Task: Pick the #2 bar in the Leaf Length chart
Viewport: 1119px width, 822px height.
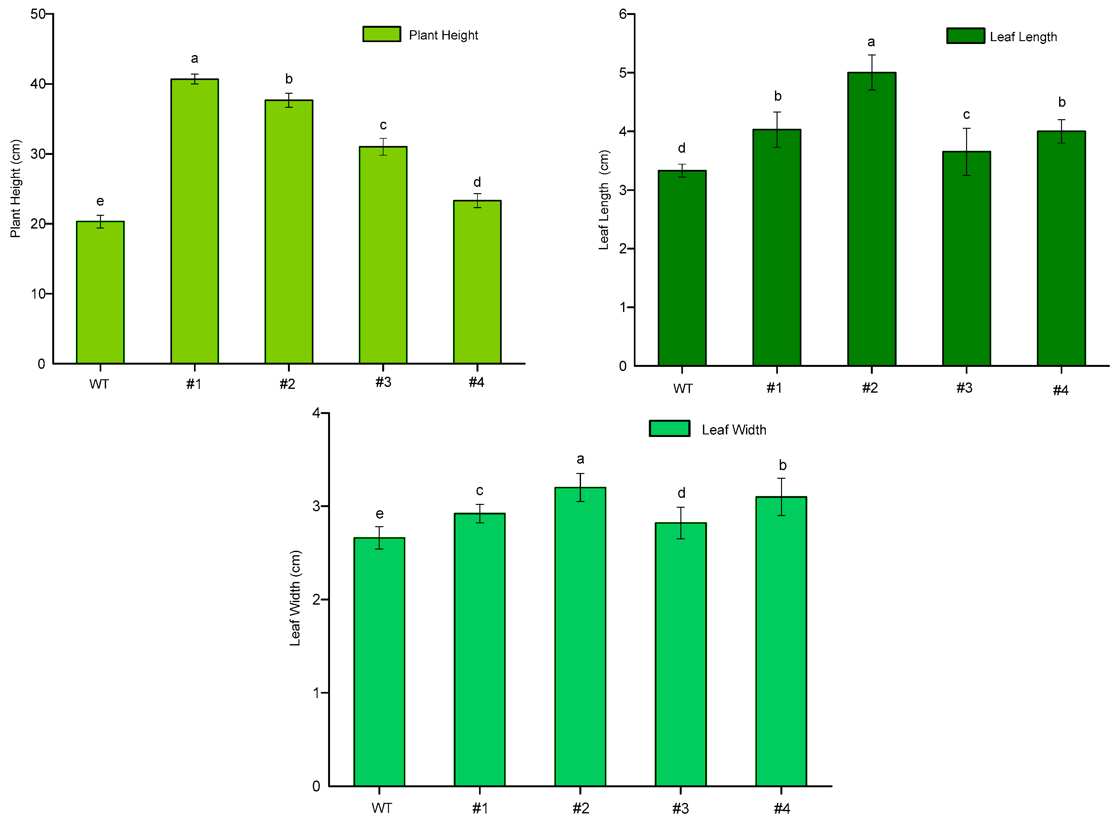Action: [x=871, y=219]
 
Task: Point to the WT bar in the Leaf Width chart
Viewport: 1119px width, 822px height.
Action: [x=379, y=662]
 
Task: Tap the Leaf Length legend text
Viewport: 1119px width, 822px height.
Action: [x=1023, y=37]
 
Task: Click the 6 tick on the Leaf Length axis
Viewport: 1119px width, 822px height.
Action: [x=623, y=14]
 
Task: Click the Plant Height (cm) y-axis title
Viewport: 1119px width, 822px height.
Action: [x=15, y=189]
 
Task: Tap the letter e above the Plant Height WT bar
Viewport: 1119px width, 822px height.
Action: [x=100, y=201]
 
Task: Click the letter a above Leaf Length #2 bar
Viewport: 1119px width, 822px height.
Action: [x=871, y=42]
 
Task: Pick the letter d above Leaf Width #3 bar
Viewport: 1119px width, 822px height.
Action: [x=681, y=493]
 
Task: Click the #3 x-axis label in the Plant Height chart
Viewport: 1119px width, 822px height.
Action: [x=383, y=382]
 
